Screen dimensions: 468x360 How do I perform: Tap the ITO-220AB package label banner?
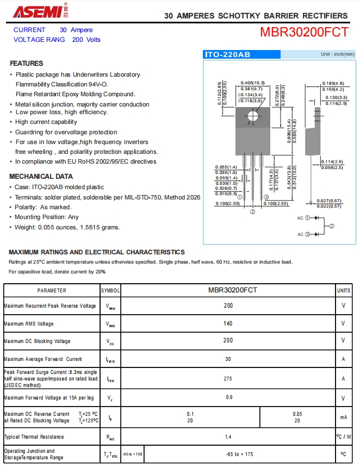point(227,55)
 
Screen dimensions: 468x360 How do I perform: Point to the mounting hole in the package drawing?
point(252,116)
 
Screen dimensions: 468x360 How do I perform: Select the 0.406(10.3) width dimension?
point(252,83)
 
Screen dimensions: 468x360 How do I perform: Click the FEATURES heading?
point(26,64)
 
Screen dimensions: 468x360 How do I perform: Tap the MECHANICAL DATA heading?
point(41,176)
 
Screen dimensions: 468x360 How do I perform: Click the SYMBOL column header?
point(110,291)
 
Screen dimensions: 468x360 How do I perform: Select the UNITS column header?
point(344,291)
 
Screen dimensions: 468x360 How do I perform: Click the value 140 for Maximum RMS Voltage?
point(228,323)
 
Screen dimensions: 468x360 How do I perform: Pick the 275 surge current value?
point(228,378)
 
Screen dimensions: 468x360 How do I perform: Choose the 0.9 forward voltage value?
point(228,398)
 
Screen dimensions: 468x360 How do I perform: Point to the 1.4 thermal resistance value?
point(228,436)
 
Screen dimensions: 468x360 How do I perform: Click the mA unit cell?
point(344,417)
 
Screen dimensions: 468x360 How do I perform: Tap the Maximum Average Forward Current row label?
point(43,359)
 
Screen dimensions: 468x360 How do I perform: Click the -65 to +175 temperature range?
point(239,454)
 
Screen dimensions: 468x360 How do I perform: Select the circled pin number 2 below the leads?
point(253,213)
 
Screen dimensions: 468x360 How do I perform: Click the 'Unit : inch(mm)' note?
point(337,54)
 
